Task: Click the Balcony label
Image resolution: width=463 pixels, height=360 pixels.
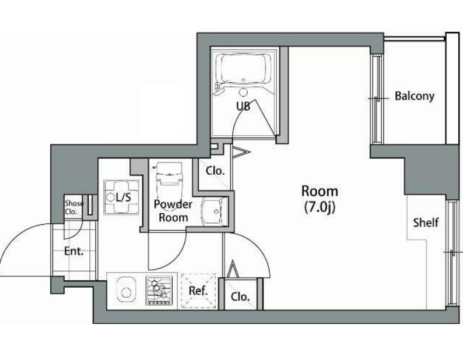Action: click(x=415, y=96)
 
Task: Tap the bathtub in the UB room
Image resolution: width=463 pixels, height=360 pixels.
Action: click(x=243, y=68)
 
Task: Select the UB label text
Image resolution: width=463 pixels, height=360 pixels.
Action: click(x=243, y=106)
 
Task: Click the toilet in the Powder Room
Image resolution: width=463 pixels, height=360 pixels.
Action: click(x=169, y=177)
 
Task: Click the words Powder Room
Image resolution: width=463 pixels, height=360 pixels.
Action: click(x=173, y=211)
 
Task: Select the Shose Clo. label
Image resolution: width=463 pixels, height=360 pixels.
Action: click(x=73, y=207)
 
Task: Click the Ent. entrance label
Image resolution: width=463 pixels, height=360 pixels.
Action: click(x=74, y=251)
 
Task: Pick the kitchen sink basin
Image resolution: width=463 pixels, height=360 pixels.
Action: click(x=127, y=290)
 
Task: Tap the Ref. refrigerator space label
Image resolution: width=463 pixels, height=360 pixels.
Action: click(x=198, y=291)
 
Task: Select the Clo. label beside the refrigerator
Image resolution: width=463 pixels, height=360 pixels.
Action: click(x=240, y=297)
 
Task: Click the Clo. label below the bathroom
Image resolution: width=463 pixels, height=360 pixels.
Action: click(x=215, y=171)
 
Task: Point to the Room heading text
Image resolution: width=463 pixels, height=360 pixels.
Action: click(x=320, y=191)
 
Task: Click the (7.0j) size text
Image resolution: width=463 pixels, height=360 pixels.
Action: click(x=320, y=207)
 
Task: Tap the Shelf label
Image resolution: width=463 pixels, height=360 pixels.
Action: click(x=426, y=223)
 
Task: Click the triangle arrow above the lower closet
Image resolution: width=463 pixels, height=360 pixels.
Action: click(x=233, y=269)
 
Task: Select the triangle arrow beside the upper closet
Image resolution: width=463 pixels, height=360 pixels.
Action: click(x=241, y=152)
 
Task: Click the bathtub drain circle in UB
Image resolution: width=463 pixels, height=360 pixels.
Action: click(x=244, y=79)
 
